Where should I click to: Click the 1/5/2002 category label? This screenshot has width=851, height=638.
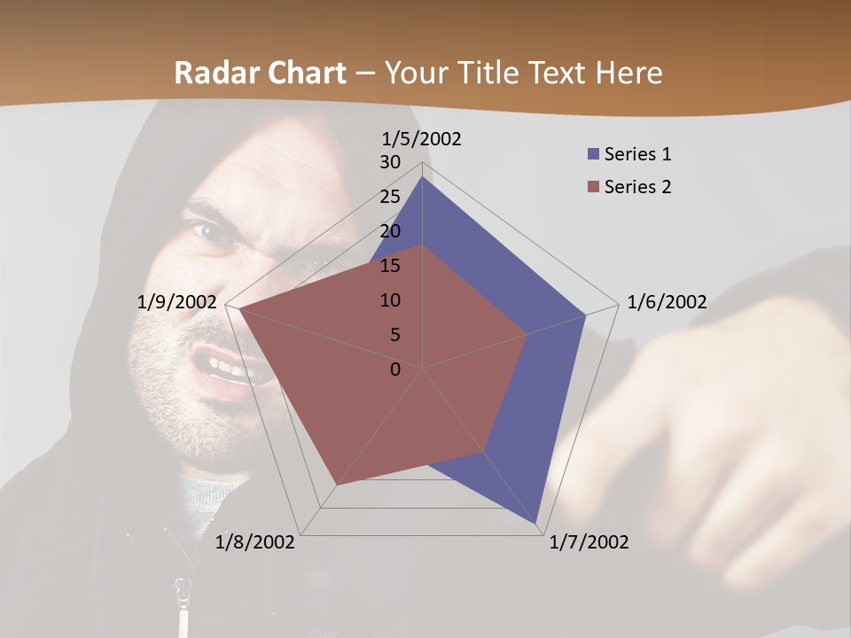click(x=422, y=138)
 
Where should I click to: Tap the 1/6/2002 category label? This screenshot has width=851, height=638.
click(x=667, y=302)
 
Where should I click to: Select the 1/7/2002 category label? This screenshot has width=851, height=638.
click(x=589, y=542)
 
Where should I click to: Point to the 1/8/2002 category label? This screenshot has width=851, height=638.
click(x=255, y=542)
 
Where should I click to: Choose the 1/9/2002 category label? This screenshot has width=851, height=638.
click(x=177, y=302)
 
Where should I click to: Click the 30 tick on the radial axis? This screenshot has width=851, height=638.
click(x=390, y=162)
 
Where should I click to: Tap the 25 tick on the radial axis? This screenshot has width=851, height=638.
click(x=390, y=197)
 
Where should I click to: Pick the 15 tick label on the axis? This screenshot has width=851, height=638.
click(x=390, y=266)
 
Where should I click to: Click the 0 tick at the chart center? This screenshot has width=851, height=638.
click(x=395, y=370)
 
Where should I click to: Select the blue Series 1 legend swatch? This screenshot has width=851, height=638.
click(x=594, y=154)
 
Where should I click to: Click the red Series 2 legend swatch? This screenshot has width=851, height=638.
click(x=594, y=187)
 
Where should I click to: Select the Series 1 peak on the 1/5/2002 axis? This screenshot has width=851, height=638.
click(x=423, y=178)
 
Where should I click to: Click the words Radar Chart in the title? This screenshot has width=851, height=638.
click(x=260, y=73)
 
